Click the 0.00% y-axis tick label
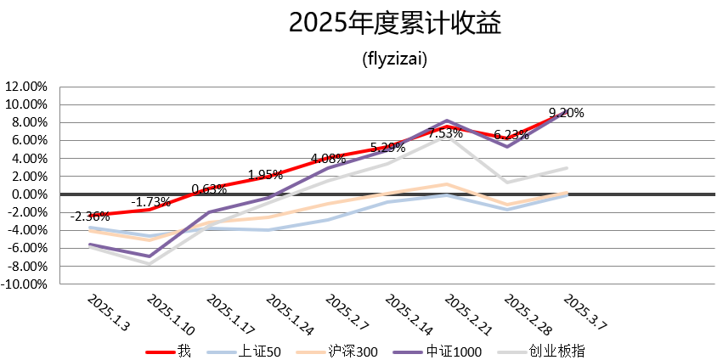(28, 194)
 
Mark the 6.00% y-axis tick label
(28, 140)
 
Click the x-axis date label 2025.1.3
(109, 313)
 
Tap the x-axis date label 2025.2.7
(348, 313)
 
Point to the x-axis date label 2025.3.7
(587, 313)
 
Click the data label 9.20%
(566, 112)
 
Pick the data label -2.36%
(88, 216)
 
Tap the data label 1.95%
(265, 175)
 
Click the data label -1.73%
(151, 202)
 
